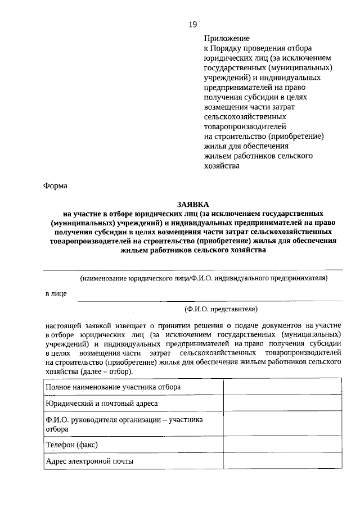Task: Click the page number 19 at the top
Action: [x=193, y=24]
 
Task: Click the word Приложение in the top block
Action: [x=226, y=39]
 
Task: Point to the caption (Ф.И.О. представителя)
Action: [x=221, y=309]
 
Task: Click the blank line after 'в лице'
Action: [x=208, y=299]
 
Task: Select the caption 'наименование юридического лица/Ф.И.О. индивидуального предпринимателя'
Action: [x=203, y=278]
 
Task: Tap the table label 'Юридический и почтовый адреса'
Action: [x=102, y=404]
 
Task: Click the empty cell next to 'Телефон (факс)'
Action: [x=282, y=445]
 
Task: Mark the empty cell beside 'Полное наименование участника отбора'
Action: [x=282, y=387]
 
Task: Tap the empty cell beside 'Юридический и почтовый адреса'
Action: [x=282, y=404]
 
